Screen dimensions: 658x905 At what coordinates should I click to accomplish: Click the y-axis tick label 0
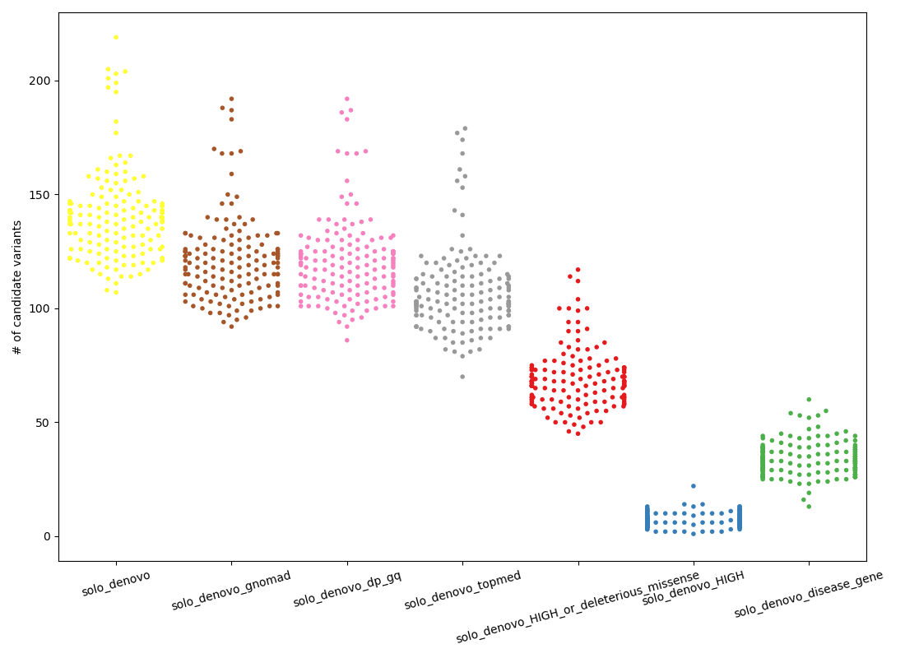click(x=48, y=536)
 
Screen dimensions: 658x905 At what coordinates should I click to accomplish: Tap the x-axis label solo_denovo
click(x=116, y=583)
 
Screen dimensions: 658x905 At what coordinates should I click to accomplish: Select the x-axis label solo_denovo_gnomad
click(x=231, y=591)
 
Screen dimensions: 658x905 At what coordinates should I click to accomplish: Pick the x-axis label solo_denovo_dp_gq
click(x=346, y=589)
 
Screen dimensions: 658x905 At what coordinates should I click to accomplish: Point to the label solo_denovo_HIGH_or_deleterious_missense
click(x=578, y=606)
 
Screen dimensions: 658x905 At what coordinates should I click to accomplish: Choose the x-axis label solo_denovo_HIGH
click(x=693, y=588)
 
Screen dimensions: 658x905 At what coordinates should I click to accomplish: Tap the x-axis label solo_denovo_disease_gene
click(x=809, y=594)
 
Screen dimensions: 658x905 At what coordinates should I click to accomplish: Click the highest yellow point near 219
click(x=116, y=37)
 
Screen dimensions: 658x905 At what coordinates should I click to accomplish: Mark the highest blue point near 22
click(x=694, y=486)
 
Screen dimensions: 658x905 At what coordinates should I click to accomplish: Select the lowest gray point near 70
click(x=462, y=377)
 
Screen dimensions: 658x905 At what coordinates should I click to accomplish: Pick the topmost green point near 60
click(x=809, y=400)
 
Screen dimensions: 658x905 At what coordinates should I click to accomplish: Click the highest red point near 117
click(x=578, y=269)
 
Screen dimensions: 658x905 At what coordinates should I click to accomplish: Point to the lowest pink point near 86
click(x=346, y=340)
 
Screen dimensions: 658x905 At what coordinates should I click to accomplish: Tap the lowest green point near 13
click(x=809, y=507)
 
